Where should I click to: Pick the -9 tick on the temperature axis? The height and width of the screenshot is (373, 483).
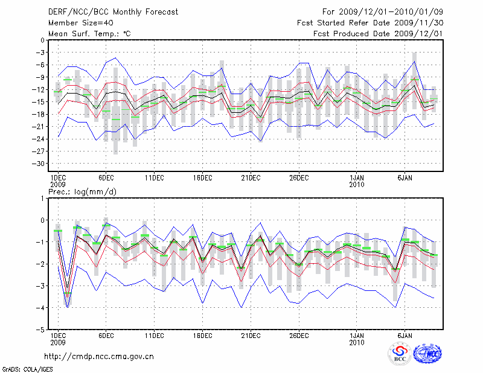click(x=40, y=77)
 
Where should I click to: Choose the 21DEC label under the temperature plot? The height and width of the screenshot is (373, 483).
click(x=251, y=177)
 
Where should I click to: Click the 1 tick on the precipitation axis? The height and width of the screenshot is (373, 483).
click(x=42, y=198)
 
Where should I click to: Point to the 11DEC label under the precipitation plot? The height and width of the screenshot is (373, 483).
click(x=154, y=335)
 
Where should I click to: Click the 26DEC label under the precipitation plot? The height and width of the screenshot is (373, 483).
click(x=299, y=335)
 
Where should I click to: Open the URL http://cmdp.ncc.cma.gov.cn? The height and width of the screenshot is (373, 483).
click(x=100, y=356)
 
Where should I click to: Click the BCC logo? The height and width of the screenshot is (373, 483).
click(x=399, y=354)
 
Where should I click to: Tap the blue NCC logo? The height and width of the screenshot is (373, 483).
click(x=427, y=354)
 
